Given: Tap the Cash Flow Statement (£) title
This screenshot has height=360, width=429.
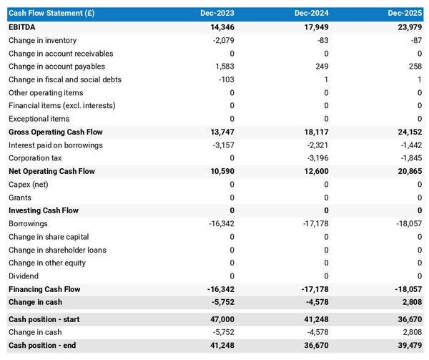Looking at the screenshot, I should coord(51,14).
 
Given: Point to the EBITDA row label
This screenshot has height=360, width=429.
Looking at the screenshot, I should coord(22,27).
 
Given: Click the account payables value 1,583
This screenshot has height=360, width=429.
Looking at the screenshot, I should coord(224,67).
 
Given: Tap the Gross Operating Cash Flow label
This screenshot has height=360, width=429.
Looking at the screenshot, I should coord(56,132).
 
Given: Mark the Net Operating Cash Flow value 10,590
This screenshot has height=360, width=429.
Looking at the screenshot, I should coord(221,172).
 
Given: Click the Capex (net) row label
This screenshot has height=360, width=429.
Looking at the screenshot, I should coord(29,185).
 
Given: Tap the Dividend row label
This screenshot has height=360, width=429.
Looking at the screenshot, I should coord(24,276).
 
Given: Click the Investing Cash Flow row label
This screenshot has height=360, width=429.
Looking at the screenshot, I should coord(44,210).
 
